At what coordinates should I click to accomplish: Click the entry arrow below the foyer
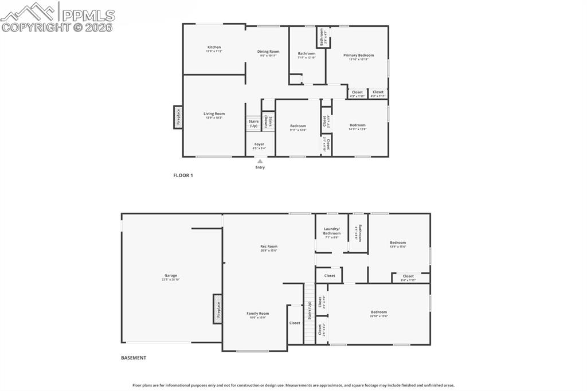pyautogui.click(x=260, y=162)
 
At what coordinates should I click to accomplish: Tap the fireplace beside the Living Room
pyautogui.click(x=178, y=117)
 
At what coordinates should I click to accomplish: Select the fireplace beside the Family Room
pyautogui.click(x=218, y=308)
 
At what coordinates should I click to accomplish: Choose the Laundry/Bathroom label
pyautogui.click(x=332, y=231)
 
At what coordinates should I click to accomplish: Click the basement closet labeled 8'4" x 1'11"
pyautogui.click(x=408, y=277)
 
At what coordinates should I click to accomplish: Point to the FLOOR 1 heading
pyautogui.click(x=183, y=175)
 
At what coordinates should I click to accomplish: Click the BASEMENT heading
pyautogui.click(x=134, y=358)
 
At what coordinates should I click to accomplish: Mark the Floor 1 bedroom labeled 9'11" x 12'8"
pyautogui.click(x=298, y=127)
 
